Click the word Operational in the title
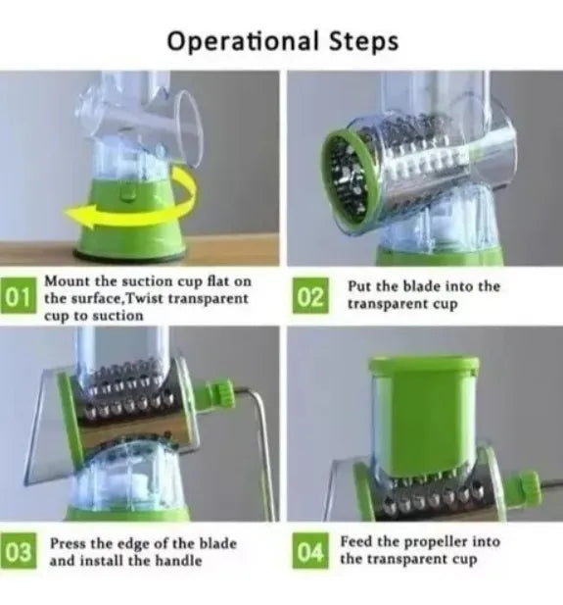click(244, 41)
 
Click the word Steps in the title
click(363, 41)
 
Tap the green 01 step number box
click(18, 295)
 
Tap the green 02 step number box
click(310, 295)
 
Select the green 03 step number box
click(18, 551)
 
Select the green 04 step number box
click(310, 551)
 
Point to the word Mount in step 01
click(68, 280)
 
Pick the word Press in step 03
click(69, 543)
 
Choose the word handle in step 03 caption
click(178, 560)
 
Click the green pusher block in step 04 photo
click(424, 415)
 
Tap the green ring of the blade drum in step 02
click(348, 178)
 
